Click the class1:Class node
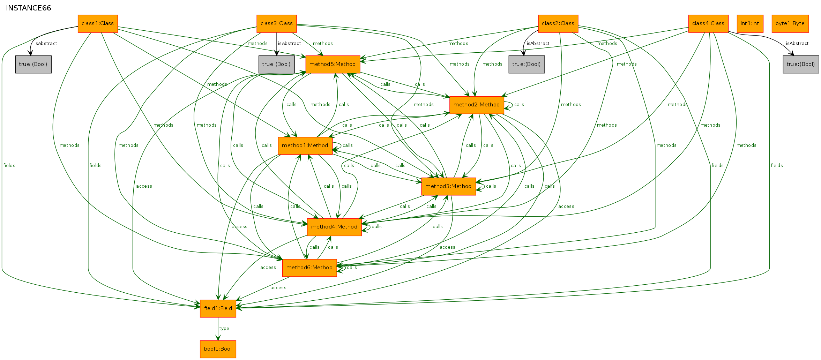click(98, 24)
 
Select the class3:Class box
click(277, 24)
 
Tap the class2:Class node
click(558, 24)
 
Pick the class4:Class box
click(708, 24)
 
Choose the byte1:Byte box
click(790, 24)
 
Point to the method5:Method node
click(333, 65)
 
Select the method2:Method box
click(477, 105)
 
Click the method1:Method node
click(305, 146)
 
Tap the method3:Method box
click(449, 187)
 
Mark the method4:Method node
click(334, 227)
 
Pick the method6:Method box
click(309, 268)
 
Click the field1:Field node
click(218, 309)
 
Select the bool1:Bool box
click(218, 349)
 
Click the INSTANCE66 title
click(29, 8)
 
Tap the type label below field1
click(224, 329)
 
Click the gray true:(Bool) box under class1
click(33, 65)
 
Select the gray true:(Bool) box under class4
click(801, 65)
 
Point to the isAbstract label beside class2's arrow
click(538, 44)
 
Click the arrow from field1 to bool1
click(218, 329)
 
